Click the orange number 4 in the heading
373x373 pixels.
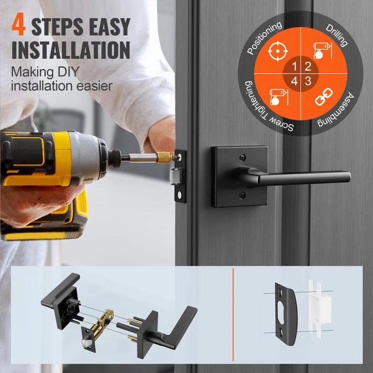point(18,26)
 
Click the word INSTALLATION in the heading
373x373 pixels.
point(71,50)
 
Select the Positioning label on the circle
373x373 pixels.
point(264,38)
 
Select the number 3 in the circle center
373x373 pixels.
point(308,82)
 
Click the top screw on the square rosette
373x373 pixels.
point(242,158)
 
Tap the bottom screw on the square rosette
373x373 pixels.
point(242,195)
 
